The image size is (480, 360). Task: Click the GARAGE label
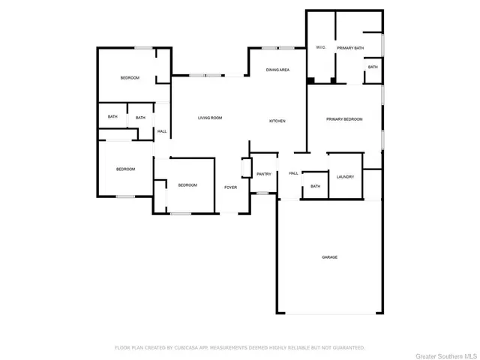tap(329, 257)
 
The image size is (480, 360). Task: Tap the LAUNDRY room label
tap(345, 176)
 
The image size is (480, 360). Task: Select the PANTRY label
tap(263, 174)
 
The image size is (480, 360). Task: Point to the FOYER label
tap(231, 187)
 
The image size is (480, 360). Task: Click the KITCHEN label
tap(277, 121)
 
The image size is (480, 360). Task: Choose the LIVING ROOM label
tap(210, 118)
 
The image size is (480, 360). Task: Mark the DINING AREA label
tap(278, 70)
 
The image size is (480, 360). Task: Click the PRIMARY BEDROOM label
tap(344, 119)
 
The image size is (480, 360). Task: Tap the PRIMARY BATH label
tap(350, 48)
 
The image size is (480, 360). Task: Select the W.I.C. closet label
tap(320, 48)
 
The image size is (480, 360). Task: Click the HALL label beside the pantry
tap(293, 173)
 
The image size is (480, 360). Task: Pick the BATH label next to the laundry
tap(315, 186)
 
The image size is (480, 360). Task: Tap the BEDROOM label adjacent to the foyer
tap(187, 184)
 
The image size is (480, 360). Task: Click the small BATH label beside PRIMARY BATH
tap(373, 67)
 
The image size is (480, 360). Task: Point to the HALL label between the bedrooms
tap(162, 132)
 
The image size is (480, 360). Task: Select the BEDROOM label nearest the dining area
tap(130, 78)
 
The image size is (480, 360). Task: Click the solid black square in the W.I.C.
tap(310, 80)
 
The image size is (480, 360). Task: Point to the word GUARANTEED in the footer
tap(348, 348)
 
